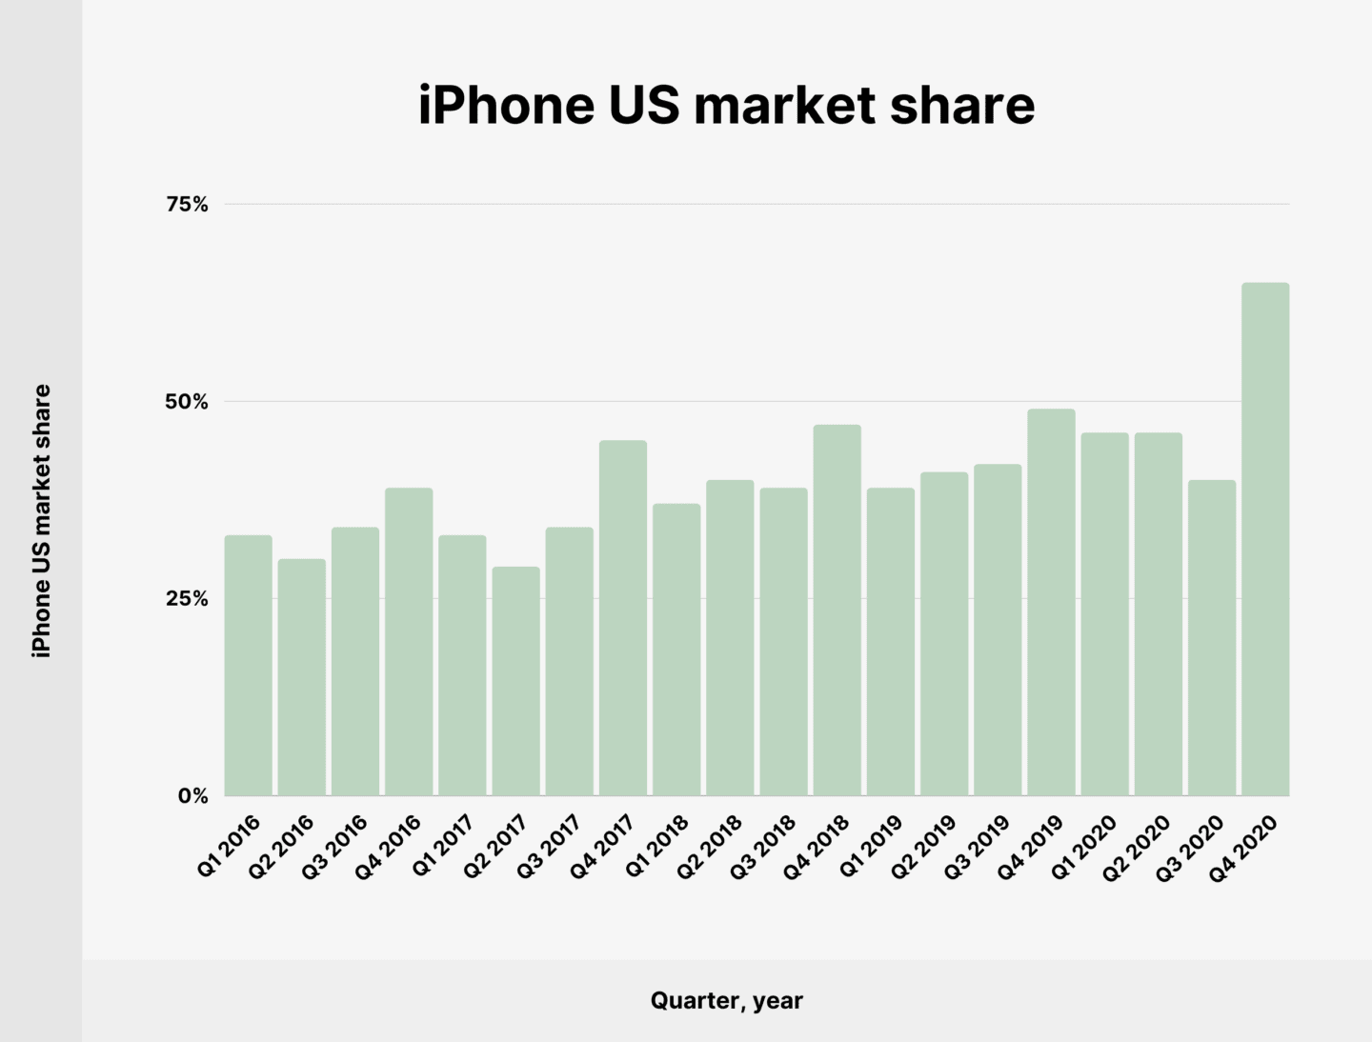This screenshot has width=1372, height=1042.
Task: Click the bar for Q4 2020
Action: [x=1265, y=539]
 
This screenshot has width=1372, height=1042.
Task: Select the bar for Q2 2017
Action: [x=516, y=681]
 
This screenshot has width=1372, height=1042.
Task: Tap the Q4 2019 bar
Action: [x=1051, y=602]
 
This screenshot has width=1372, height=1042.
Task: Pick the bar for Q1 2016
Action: [x=249, y=665]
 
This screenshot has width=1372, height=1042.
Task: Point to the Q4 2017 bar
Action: [x=623, y=617]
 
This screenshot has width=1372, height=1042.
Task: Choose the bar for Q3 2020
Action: [x=1212, y=637]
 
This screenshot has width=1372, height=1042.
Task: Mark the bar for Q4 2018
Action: [x=837, y=610]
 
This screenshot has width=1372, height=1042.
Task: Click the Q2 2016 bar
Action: [x=302, y=676]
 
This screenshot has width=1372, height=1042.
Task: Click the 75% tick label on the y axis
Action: [x=187, y=205]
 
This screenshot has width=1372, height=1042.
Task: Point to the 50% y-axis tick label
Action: [x=187, y=402]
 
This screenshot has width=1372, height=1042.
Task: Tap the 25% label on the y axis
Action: [x=187, y=599]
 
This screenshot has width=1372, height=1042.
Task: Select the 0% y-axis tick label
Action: [x=192, y=796]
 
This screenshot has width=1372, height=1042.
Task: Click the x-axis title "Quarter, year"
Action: [x=726, y=1000]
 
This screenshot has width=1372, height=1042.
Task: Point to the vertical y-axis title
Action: [x=42, y=520]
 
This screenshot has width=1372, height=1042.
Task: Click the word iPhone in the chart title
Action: [x=506, y=105]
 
